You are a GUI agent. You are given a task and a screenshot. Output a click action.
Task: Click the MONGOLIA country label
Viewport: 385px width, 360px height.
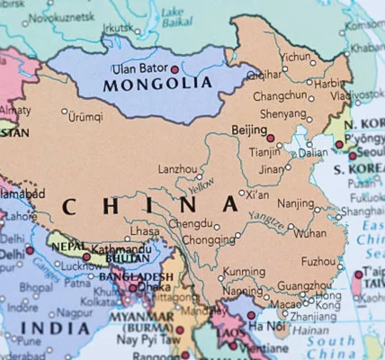(x=150, y=85)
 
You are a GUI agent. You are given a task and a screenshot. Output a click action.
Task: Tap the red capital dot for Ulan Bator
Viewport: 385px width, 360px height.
(x=175, y=68)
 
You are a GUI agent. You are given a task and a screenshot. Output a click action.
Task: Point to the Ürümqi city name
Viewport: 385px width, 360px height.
(x=85, y=116)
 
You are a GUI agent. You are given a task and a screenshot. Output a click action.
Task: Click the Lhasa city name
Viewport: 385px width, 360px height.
(x=145, y=232)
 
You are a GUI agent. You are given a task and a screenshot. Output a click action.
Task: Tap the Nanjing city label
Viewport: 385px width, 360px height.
(x=294, y=203)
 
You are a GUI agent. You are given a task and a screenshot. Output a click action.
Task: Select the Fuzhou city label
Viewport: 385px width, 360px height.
(x=318, y=261)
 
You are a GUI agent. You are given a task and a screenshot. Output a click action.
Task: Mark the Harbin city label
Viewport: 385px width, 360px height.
(x=325, y=83)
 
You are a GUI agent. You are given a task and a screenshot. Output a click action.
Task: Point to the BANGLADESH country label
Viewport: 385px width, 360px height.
(x=136, y=276)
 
